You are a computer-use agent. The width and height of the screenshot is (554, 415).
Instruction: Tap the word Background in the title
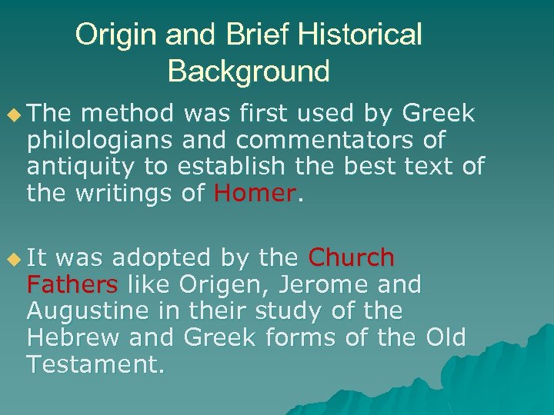249,72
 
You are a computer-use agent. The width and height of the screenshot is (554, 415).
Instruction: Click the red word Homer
255,194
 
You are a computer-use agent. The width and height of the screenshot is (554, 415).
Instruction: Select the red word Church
351,258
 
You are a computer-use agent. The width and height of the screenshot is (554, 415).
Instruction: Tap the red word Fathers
72,285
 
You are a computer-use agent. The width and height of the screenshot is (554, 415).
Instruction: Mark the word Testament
95,364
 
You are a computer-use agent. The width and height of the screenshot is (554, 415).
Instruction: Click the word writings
123,194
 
